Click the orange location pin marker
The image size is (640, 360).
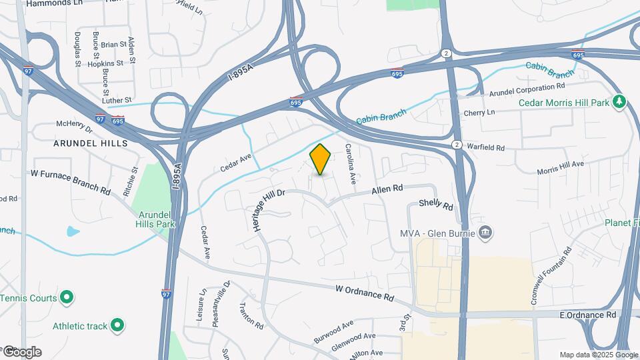coord(321,159)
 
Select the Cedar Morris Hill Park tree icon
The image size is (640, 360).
coord(620,102)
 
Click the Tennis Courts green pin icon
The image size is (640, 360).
coord(67,297)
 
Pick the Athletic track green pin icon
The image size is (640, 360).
coord(117,325)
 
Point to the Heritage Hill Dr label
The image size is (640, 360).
coord(269,210)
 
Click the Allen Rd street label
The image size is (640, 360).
coord(387,190)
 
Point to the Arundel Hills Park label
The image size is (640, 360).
coord(157,219)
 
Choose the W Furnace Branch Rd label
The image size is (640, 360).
coord(70,181)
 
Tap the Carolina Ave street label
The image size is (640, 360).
coord(351,164)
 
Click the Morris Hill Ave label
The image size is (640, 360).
coord(560,167)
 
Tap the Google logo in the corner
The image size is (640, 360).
coord(21,351)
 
